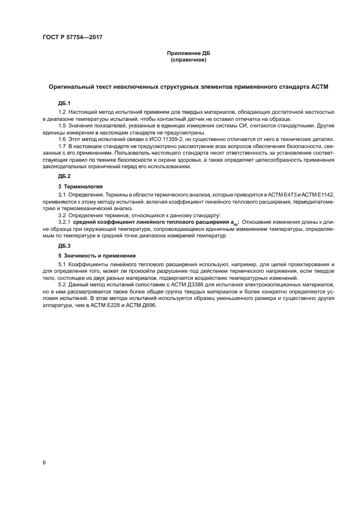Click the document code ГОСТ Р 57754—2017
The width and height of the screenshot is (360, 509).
(x=73, y=37)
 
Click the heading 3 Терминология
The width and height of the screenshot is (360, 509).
(x=80, y=186)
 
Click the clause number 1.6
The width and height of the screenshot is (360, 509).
(x=62, y=139)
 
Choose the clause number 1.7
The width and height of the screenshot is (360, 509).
(x=62, y=146)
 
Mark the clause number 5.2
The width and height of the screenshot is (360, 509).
(x=62, y=285)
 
